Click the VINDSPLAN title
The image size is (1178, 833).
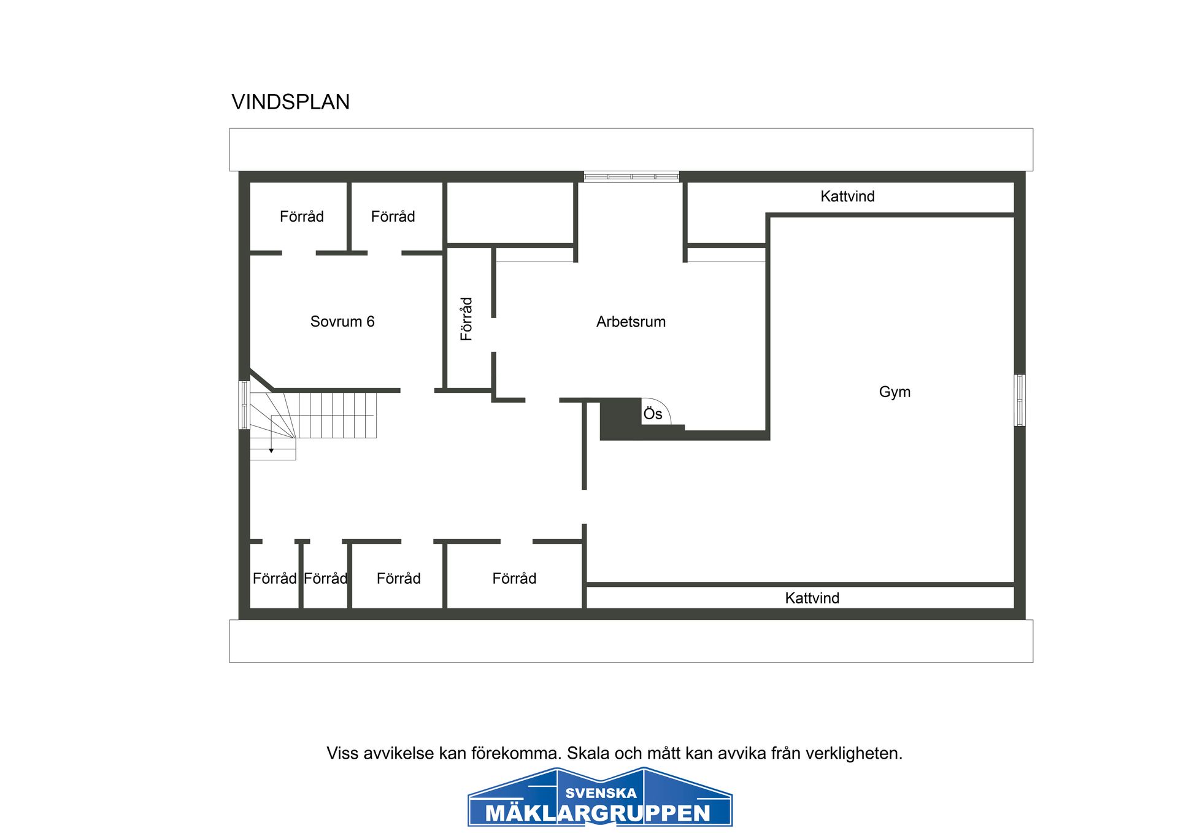click(290, 102)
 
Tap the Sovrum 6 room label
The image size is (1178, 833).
click(342, 322)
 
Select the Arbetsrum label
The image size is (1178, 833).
click(630, 322)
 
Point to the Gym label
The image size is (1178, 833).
click(894, 392)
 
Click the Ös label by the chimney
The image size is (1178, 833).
click(652, 414)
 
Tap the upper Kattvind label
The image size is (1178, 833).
click(847, 196)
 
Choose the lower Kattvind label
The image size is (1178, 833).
click(811, 598)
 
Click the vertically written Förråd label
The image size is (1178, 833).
click(466, 319)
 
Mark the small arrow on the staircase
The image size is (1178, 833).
click(271, 450)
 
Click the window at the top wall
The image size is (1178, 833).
click(631, 177)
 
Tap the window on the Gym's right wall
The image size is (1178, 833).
click(1019, 400)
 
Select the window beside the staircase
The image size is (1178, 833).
click(244, 405)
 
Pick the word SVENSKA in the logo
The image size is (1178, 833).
click(601, 793)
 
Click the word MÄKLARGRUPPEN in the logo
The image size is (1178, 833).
click(598, 813)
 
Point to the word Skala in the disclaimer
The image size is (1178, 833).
click(588, 753)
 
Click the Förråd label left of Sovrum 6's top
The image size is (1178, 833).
click(301, 217)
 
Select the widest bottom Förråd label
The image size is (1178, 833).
click(514, 578)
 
